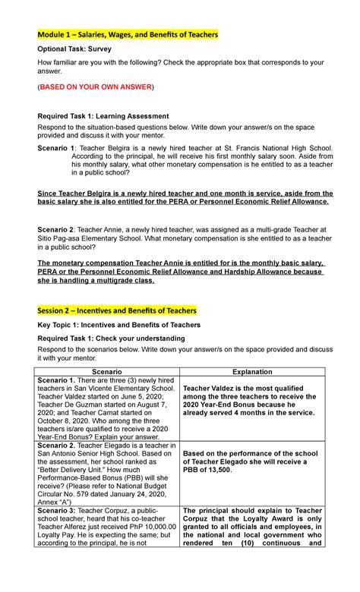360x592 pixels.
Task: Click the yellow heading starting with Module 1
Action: [x=128, y=35]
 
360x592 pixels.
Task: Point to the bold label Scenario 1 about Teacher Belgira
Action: [x=56, y=147]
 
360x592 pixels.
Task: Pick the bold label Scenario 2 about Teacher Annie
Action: [x=56, y=228]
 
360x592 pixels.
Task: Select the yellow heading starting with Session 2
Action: [x=117, y=310]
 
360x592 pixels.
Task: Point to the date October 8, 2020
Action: [x=68, y=416]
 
